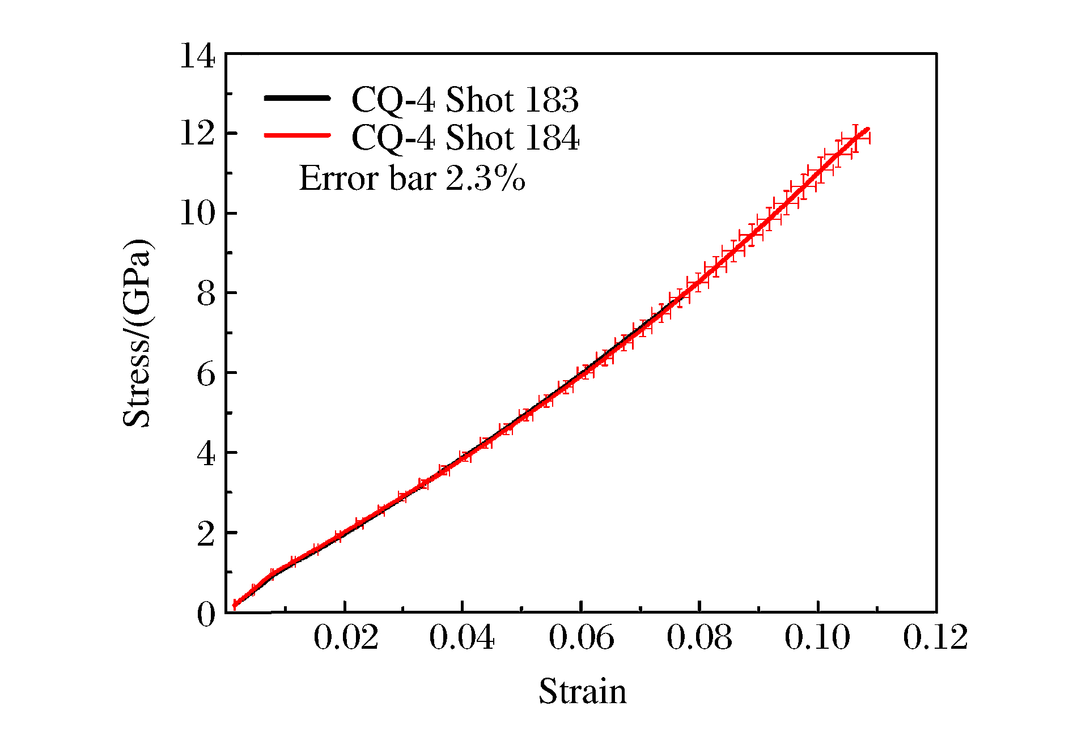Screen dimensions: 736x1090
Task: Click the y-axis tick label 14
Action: pyautogui.click(x=197, y=56)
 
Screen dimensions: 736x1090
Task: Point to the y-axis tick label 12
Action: pyautogui.click(x=197, y=135)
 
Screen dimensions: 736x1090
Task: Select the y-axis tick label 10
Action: pyautogui.click(x=197, y=214)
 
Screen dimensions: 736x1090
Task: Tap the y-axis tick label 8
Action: pyautogui.click(x=206, y=294)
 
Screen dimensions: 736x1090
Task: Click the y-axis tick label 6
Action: pyautogui.click(x=206, y=374)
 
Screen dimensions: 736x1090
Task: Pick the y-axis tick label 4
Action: pyautogui.click(x=206, y=454)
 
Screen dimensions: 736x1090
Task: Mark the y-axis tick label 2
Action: pyautogui.click(x=206, y=534)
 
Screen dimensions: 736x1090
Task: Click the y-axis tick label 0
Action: pyautogui.click(x=206, y=614)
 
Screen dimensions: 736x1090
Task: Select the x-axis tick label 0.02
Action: pyautogui.click(x=346, y=638)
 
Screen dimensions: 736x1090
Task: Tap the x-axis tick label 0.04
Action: pyautogui.click(x=462, y=638)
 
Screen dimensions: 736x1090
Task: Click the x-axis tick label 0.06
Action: pyautogui.click(x=582, y=638)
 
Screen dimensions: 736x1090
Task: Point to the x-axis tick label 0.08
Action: pyautogui.click(x=699, y=638)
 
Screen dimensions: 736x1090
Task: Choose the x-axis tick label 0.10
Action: pyautogui.click(x=817, y=638)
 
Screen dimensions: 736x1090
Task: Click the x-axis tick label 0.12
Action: pyautogui.click(x=935, y=638)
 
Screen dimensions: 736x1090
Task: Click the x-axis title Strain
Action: pyautogui.click(x=583, y=692)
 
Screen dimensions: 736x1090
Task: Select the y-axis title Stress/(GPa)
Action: pyautogui.click(x=137, y=333)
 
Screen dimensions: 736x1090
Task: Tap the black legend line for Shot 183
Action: pyautogui.click(x=297, y=98)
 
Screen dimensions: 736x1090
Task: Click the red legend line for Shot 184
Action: pyautogui.click(x=297, y=135)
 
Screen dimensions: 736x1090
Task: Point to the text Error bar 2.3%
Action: pyautogui.click(x=412, y=178)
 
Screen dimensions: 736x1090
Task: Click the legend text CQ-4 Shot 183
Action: pyautogui.click(x=465, y=100)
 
